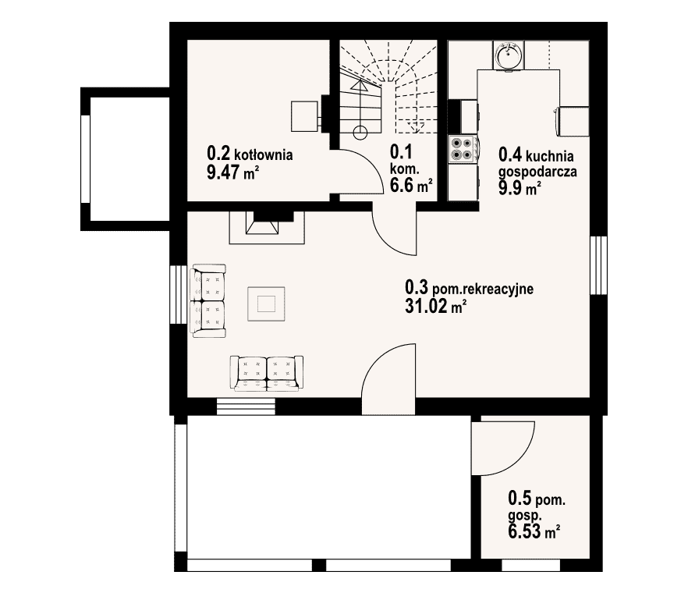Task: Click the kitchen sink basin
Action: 509,55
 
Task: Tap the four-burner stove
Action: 463,149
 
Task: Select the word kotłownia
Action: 264,154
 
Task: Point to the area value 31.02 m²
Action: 435,306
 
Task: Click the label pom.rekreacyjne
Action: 483,289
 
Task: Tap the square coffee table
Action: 266,304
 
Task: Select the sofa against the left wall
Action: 209,300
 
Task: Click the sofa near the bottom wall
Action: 267,373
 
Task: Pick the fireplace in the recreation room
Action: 267,227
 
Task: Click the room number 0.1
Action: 401,152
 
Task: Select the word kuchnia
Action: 549,156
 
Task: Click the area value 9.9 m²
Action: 520,188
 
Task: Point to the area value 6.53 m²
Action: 534,531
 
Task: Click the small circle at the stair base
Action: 360,133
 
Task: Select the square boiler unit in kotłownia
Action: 304,116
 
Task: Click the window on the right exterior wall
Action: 598,265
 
